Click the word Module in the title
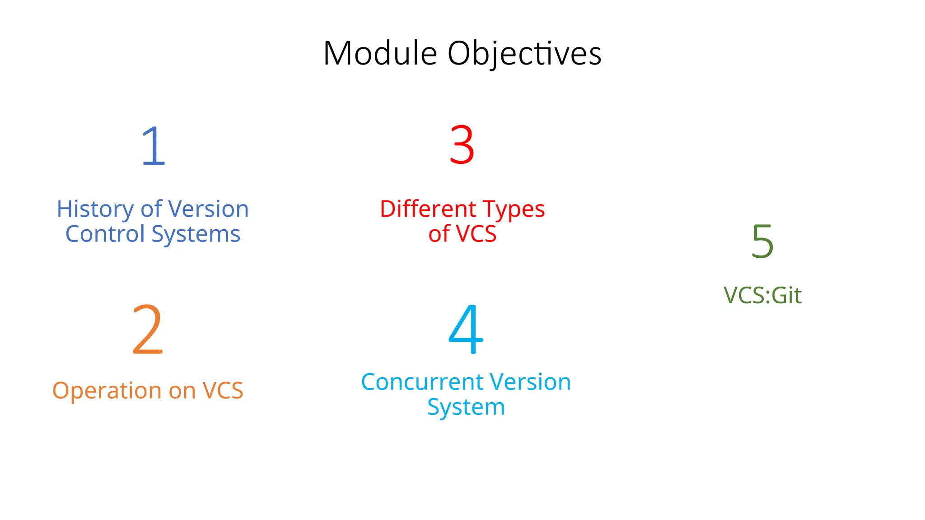point(380,53)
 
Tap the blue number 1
point(153,146)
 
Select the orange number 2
point(147,330)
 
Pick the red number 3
point(462,145)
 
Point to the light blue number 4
point(466,329)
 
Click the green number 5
point(762,241)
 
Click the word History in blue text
point(95,209)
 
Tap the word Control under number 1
point(105,234)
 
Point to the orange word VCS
point(223,390)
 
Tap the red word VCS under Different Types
point(476,234)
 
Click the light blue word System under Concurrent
point(466,408)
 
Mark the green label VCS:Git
point(762,295)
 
